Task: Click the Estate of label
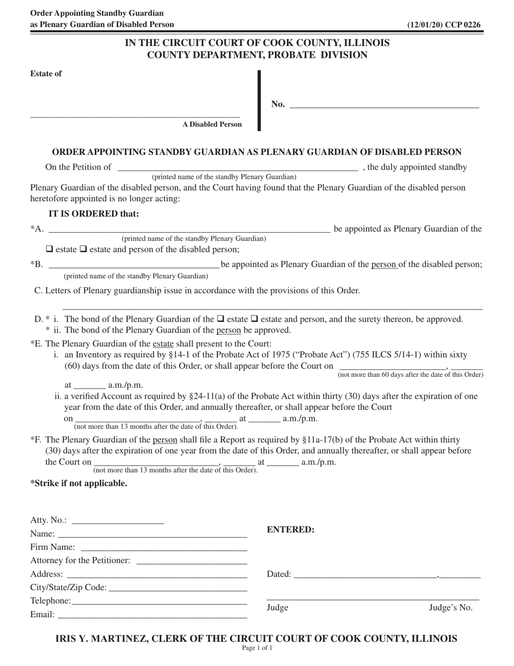(x=46, y=74)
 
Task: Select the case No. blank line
(x=384, y=105)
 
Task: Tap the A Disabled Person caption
(x=212, y=125)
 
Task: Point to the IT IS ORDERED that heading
(x=94, y=214)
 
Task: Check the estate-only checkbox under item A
(x=49, y=250)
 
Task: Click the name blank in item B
(x=134, y=265)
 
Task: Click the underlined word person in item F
(x=165, y=440)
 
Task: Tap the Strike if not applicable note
(x=79, y=484)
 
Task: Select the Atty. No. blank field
(x=117, y=521)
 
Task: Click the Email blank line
(x=152, y=615)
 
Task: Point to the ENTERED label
(x=291, y=530)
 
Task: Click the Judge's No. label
(x=451, y=608)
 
